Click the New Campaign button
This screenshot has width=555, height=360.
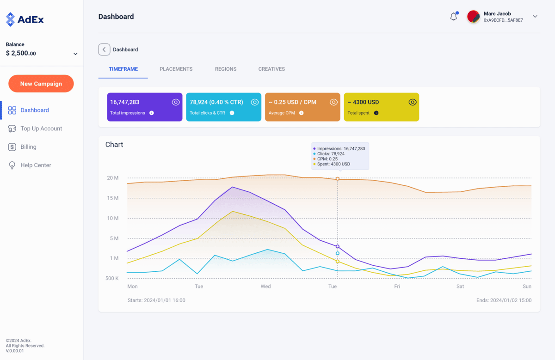(41, 84)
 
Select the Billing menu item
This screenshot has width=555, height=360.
(28, 147)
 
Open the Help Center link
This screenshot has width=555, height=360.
(36, 165)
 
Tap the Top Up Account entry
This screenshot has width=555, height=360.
(41, 128)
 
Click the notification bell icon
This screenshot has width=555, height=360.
(454, 17)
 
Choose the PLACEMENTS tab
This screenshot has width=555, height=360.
(176, 69)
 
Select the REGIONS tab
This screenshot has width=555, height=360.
(225, 69)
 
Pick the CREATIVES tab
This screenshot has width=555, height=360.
(271, 69)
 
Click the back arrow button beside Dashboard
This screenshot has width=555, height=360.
(104, 49)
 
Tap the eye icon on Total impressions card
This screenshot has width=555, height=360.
(176, 102)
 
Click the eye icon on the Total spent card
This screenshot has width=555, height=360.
(413, 102)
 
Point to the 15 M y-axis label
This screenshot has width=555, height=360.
(112, 198)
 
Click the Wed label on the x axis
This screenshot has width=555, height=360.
(265, 287)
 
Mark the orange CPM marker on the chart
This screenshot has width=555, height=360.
(338, 178)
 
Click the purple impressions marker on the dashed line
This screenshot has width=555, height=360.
(338, 246)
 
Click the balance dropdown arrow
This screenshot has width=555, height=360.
(75, 54)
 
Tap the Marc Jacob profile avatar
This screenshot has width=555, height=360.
(473, 17)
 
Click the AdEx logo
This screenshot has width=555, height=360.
(25, 19)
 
